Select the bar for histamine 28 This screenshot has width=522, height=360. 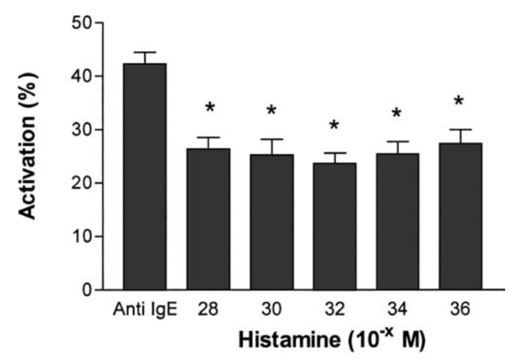(208, 219)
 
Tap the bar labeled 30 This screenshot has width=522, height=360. (271, 222)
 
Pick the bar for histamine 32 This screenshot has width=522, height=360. (334, 226)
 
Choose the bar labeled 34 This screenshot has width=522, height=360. (398, 222)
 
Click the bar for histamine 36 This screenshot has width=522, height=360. (460, 217)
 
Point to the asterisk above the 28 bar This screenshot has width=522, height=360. (210, 108)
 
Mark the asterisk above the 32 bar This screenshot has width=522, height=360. (334, 125)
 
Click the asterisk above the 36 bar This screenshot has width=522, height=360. (459, 101)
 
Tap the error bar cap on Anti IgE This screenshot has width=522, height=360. (145, 53)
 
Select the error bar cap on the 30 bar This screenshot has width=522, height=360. (271, 139)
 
